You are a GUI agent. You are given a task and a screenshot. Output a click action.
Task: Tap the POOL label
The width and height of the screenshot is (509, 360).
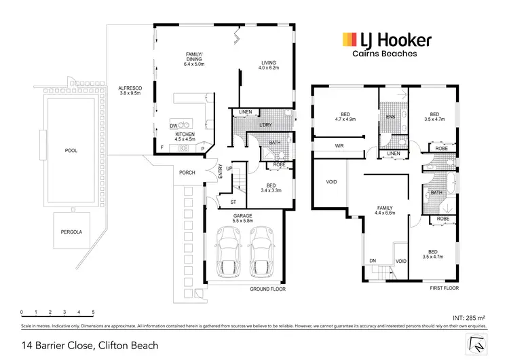coord(71,151)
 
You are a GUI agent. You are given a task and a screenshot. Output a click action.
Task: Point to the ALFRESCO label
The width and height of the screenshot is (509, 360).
coord(128,90)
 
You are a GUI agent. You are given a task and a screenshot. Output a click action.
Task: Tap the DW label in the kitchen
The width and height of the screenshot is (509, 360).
coord(174,126)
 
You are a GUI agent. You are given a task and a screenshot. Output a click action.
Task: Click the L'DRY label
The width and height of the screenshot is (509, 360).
coord(265,126)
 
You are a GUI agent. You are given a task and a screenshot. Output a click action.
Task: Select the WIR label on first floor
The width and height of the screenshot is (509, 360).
coord(339,146)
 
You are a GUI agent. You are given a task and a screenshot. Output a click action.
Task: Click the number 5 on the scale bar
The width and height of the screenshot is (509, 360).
coord(93,312)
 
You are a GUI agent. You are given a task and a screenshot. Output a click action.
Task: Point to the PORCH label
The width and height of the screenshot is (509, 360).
coord(187,173)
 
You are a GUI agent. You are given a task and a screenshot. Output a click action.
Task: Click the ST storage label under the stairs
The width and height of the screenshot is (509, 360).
coord(233,202)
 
